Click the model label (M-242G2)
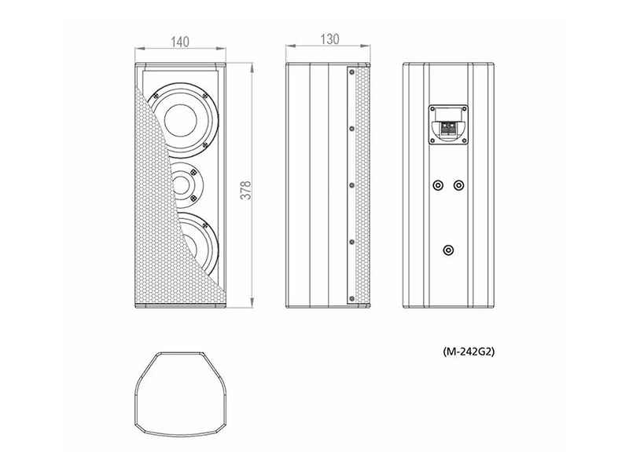tap(468, 352)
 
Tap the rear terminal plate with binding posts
tap(447, 124)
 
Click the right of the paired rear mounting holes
tap(458, 186)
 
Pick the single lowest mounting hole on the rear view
tap(447, 250)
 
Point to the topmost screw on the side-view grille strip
tap(346, 72)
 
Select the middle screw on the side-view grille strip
tap(346, 184)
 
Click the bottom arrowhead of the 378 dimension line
tap(252, 306)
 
